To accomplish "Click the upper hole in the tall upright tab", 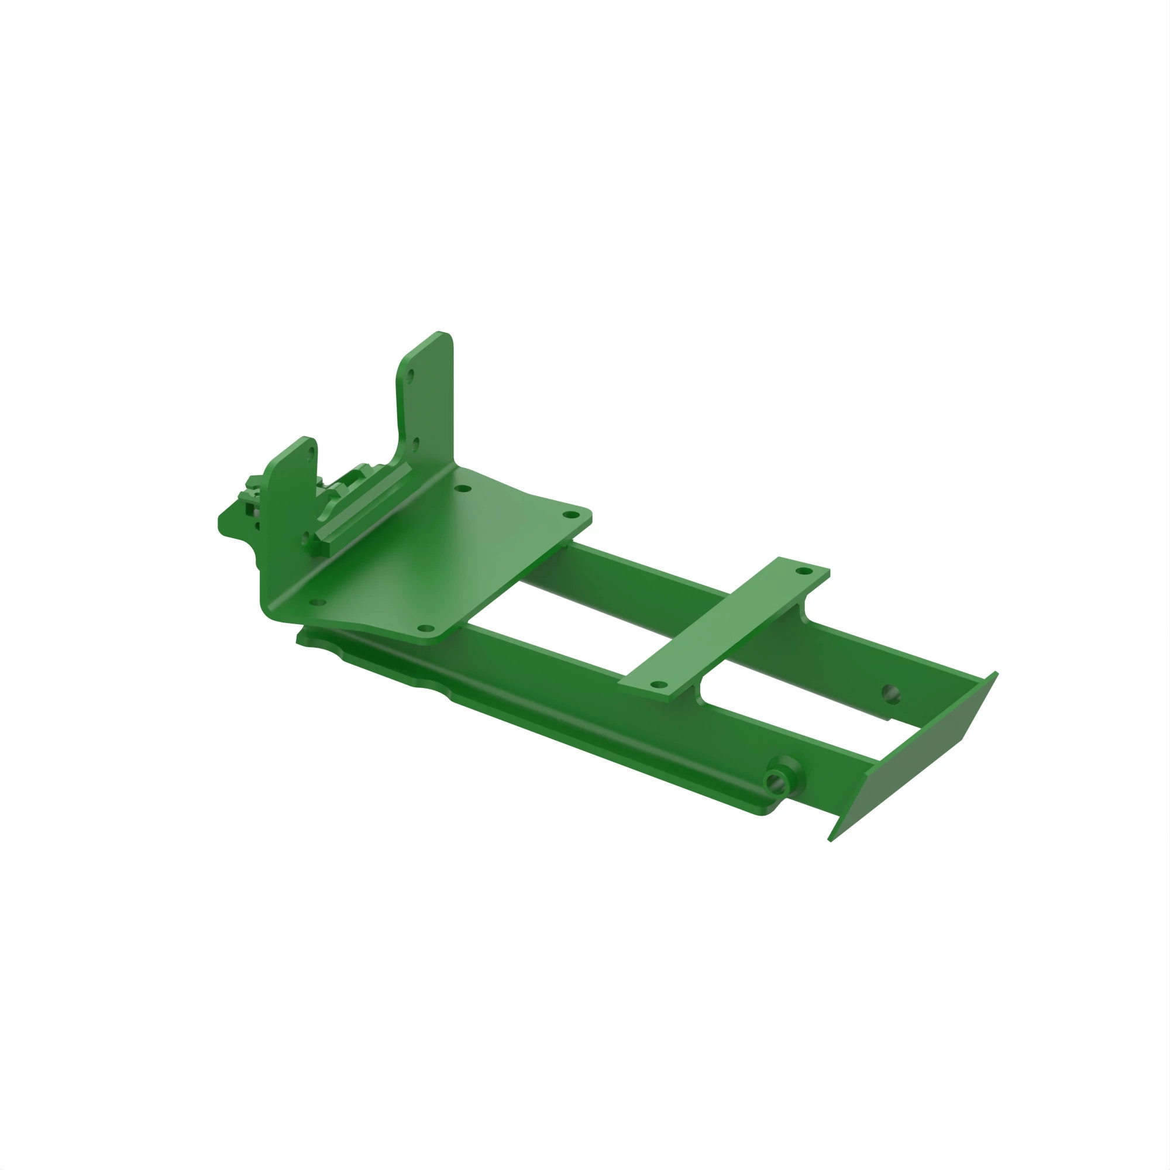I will click(410, 376).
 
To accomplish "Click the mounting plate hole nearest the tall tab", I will click(462, 487).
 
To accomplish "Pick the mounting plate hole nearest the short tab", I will click(316, 603).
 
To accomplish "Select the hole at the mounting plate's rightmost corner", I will click(570, 514).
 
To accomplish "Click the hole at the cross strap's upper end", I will click(804, 570).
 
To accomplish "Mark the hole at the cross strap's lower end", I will click(659, 685).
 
